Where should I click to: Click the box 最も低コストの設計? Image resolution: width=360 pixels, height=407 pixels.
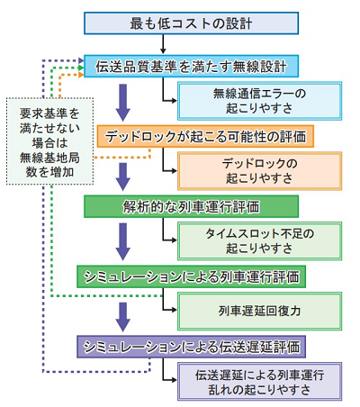[191, 23]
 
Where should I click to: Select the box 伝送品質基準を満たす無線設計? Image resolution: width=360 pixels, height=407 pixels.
[191, 66]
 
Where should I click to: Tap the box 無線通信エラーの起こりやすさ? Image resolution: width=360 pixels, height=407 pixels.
[259, 101]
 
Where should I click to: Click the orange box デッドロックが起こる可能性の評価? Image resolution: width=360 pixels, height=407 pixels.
[205, 136]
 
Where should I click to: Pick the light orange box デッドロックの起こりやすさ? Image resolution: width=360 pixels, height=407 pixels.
[259, 171]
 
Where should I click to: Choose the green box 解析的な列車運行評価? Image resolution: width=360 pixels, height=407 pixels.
[191, 206]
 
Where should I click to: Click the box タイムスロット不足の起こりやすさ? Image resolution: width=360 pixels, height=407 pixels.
[259, 241]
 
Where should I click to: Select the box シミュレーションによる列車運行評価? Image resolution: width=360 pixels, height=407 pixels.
[191, 276]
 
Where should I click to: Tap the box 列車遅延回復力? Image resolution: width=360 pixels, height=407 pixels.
[259, 312]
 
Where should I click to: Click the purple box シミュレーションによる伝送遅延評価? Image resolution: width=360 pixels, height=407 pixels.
[191, 347]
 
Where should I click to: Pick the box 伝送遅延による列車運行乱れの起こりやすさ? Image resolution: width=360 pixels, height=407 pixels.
[259, 382]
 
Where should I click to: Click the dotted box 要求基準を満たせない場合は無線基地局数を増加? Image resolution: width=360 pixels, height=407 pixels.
[49, 141]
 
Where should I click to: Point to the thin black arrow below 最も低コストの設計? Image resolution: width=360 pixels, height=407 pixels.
[163, 44]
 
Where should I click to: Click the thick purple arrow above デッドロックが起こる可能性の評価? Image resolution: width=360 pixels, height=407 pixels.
[123, 103]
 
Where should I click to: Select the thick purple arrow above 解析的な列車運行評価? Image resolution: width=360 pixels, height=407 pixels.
[123, 176]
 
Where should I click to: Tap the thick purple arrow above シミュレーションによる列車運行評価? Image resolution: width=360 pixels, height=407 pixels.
[123, 241]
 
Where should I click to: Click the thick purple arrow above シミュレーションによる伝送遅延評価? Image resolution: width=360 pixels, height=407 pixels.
[123, 317]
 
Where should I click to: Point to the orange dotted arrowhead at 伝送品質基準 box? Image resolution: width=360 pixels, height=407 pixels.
[81, 75]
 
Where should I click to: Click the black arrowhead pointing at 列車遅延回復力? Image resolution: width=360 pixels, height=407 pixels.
[175, 310]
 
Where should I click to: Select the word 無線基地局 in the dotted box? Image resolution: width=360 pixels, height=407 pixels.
[49, 158]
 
